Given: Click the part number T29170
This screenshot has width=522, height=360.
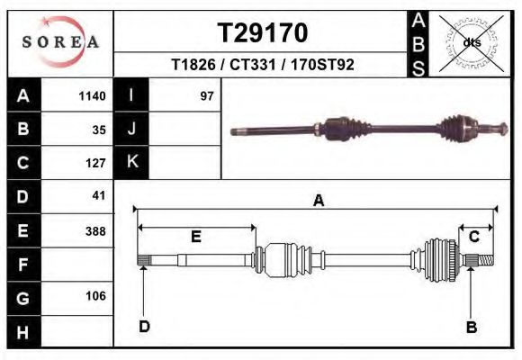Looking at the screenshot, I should [263, 33].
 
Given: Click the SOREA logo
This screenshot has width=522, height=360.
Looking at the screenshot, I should [60, 42].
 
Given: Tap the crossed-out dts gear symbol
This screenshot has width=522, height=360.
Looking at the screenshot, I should [471, 42].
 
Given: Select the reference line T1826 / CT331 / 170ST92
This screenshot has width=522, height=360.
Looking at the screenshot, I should [262, 65].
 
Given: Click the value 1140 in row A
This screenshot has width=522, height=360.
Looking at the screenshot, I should [93, 96].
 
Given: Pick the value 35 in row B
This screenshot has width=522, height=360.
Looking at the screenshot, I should [99, 130].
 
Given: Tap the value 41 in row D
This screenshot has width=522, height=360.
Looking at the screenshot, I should [99, 195].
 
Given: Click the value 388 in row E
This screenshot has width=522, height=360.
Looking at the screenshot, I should [95, 230].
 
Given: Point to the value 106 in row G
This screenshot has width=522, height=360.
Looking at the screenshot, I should [95, 296].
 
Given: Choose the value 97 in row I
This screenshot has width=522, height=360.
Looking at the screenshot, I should [207, 96].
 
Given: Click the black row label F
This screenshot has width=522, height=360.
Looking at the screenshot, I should [22, 265].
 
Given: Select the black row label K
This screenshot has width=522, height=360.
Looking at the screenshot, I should [132, 162].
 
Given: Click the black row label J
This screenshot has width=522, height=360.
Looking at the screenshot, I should [132, 129].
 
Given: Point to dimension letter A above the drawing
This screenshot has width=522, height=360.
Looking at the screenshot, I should [318, 202].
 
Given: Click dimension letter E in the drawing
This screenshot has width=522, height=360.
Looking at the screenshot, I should [195, 237].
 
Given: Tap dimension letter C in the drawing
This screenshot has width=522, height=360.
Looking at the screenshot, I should [473, 237].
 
